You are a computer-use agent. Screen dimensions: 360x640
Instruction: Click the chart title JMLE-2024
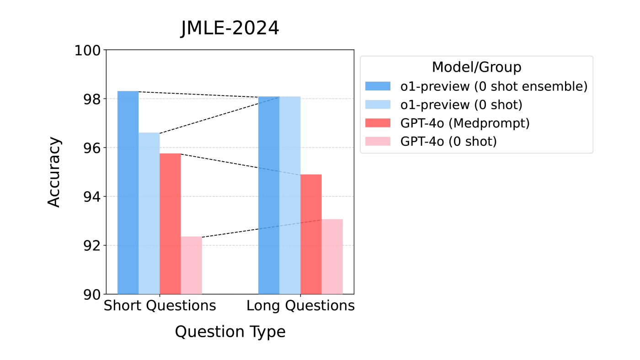229,29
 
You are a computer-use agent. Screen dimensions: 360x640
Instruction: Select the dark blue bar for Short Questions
128,192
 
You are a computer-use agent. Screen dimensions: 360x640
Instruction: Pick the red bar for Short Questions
170,223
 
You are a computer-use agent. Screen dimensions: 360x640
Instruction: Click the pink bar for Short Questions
191,265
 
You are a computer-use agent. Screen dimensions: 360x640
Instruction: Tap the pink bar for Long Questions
332,256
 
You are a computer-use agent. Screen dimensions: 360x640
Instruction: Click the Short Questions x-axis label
160,306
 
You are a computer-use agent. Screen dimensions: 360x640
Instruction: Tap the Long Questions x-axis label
300,306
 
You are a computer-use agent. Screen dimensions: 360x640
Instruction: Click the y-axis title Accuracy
54,172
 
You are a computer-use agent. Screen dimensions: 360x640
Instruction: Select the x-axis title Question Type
230,332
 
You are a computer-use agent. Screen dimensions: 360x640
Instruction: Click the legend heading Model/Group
476,68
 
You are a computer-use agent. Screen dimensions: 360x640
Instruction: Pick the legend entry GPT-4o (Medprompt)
465,123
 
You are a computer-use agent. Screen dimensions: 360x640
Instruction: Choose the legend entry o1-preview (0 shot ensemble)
494,86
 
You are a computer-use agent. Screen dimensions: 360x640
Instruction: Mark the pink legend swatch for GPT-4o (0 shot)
378,141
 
